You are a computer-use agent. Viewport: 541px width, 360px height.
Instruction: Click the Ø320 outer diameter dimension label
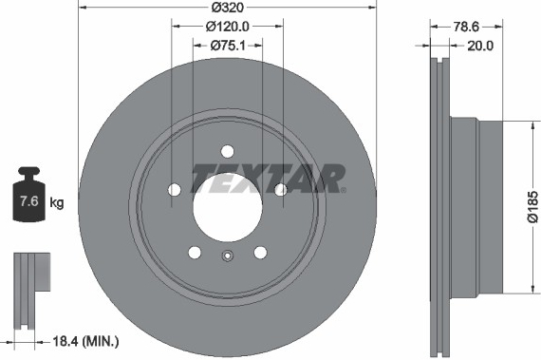coord(228,8)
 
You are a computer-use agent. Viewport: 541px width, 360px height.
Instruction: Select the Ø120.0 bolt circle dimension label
coord(228,27)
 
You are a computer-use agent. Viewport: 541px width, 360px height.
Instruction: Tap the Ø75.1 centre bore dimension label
coord(228,46)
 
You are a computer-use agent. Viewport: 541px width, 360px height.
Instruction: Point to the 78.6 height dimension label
coord(466,27)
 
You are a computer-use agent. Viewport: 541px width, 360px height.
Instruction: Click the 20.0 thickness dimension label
coord(480,46)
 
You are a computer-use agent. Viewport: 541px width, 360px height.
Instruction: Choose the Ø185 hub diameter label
coord(532,206)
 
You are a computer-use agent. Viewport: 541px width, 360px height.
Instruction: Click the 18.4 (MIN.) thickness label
coord(85,342)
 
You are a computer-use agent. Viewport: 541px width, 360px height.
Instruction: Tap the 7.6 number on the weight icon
coord(29,200)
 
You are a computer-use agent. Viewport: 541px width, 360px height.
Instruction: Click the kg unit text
coord(57,202)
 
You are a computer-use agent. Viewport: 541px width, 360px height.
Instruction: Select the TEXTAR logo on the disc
coord(269,179)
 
